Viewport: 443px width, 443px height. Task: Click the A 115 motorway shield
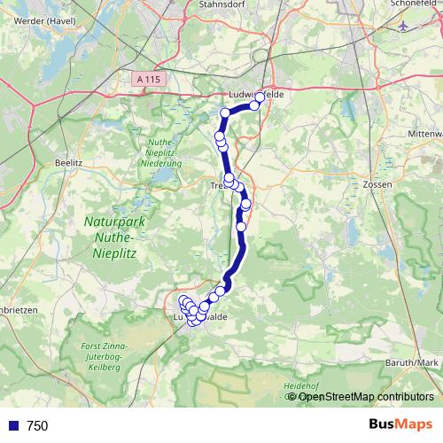tap(151, 79)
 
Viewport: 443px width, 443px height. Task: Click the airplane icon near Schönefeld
tap(406, 26)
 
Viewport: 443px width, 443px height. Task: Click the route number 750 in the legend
tap(37, 426)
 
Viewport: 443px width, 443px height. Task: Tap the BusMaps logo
tap(400, 425)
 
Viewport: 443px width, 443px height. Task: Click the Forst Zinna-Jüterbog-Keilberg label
tap(105, 358)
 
